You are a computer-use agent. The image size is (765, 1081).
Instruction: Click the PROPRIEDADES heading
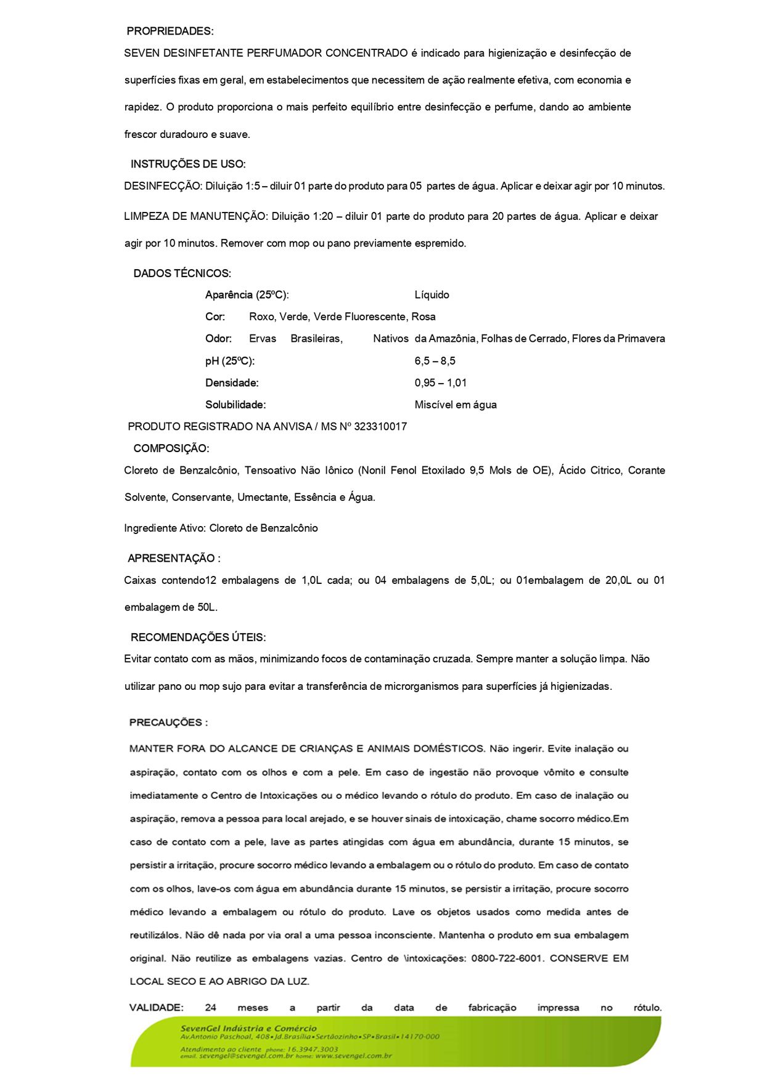click(170, 31)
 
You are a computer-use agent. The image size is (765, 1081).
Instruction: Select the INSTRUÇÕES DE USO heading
click(187, 164)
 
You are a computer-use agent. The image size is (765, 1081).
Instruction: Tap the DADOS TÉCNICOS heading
click(182, 273)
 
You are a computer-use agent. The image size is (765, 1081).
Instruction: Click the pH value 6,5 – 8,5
click(435, 361)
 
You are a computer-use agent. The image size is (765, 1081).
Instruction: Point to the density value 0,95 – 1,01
click(440, 383)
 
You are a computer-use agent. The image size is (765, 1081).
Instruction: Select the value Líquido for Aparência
click(432, 295)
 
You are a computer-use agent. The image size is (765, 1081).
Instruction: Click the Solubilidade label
click(235, 405)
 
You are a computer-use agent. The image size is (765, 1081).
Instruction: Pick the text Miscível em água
click(455, 405)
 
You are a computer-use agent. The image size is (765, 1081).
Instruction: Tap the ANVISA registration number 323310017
click(380, 427)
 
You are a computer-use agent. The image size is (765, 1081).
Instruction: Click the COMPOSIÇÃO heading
click(171, 449)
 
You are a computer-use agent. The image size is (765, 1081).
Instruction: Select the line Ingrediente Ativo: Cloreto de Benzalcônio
click(221, 528)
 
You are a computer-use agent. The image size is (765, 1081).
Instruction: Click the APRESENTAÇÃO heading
click(173, 559)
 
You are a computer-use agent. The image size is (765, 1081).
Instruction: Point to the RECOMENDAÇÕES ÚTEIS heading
click(198, 638)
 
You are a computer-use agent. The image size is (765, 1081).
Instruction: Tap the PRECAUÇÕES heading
click(168, 723)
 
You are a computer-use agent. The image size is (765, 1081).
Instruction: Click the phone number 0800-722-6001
click(506, 958)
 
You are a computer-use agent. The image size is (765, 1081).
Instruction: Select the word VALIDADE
click(156, 1008)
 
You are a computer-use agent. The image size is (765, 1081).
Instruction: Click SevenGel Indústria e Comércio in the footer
click(248, 1028)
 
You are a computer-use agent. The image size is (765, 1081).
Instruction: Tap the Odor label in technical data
click(218, 339)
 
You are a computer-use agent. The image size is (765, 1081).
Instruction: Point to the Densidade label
click(232, 383)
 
